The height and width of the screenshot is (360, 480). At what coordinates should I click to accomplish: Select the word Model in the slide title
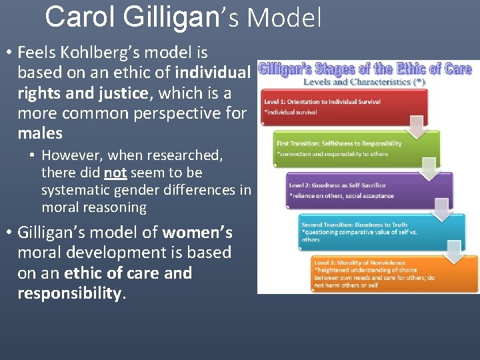[285, 18]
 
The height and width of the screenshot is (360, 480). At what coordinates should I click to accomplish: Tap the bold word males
[40, 133]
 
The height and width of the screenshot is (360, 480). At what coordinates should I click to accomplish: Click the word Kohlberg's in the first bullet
[101, 53]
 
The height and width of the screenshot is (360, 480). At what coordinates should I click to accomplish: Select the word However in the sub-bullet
[73, 155]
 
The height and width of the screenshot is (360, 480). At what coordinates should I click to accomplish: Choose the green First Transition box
[353, 149]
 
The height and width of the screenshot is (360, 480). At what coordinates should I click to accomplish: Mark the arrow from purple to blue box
[441, 210]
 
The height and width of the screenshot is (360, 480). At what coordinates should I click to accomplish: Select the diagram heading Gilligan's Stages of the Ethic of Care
[365, 69]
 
